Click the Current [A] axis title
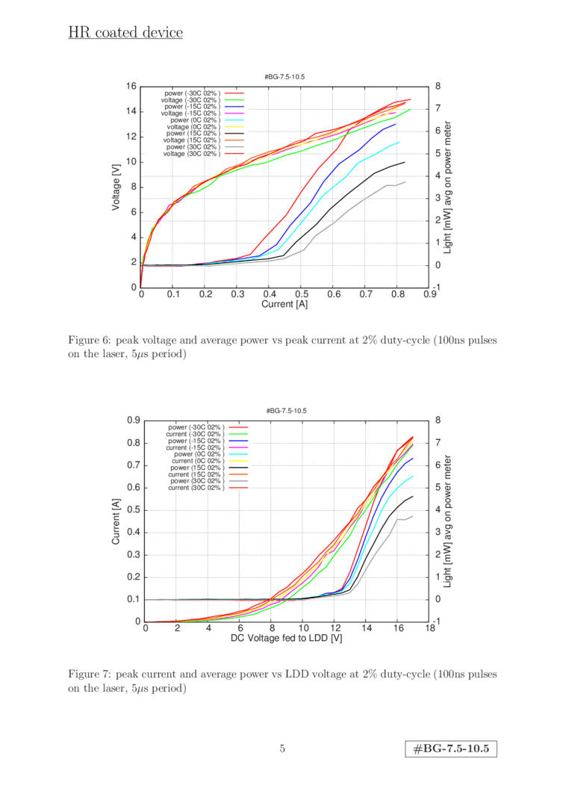[x=285, y=304]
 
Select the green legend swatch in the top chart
[x=235, y=99]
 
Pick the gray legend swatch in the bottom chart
[x=238, y=480]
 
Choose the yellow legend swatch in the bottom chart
[x=238, y=460]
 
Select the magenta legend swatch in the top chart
[x=235, y=113]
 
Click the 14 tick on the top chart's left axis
[x=131, y=111]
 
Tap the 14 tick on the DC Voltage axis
[x=367, y=629]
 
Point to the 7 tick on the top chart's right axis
[x=438, y=108]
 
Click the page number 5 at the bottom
[x=281, y=748]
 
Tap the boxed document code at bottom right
[x=451, y=748]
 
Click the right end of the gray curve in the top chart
[x=405, y=182]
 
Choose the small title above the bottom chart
[x=287, y=410]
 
